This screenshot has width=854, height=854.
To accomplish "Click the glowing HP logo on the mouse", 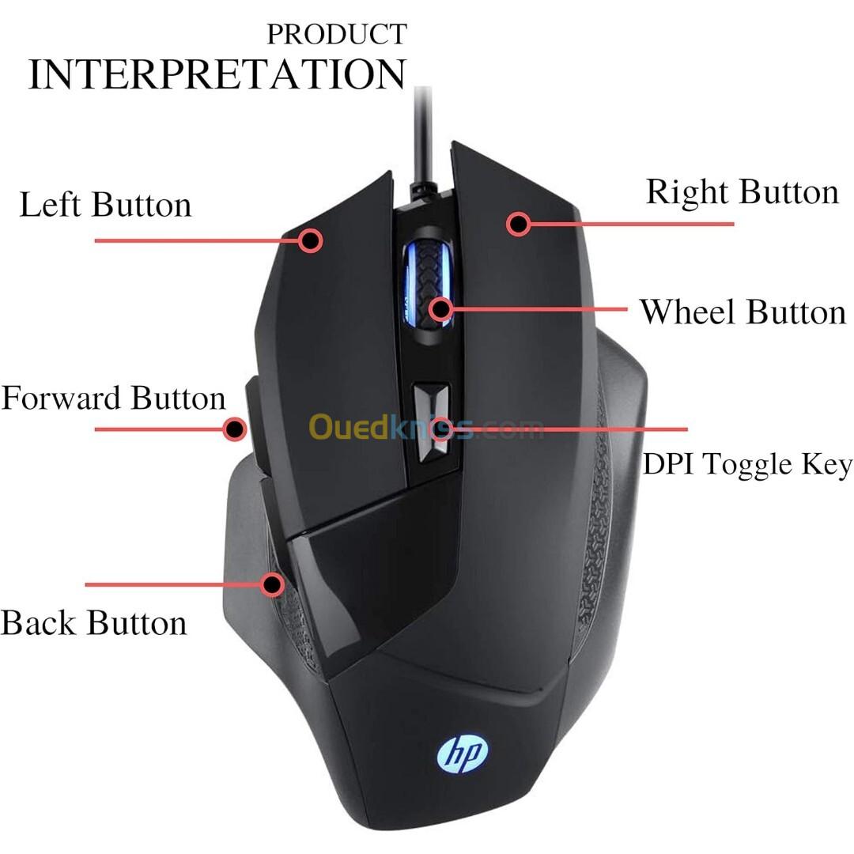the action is tap(462, 755).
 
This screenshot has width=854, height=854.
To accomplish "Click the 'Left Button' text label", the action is tap(105, 204).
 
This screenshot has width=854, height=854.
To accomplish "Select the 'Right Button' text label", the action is tap(742, 192).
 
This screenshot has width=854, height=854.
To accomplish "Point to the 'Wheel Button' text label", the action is tap(743, 312).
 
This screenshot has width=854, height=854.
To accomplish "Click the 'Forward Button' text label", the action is tap(113, 398).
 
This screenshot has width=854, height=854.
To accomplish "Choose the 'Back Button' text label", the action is tap(93, 622).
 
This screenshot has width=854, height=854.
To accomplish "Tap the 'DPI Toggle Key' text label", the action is tap(747, 465).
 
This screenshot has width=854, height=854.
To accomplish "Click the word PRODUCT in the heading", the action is tap(337, 34).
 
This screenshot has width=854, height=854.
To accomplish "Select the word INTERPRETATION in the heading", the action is tap(217, 74).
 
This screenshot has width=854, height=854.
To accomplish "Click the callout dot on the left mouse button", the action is tap(311, 240).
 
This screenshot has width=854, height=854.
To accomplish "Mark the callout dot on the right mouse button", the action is tap(518, 223).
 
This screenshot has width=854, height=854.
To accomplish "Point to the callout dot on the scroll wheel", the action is tap(440, 309).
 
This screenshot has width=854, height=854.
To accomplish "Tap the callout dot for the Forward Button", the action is tap(235, 429).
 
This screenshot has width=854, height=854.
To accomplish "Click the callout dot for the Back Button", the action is tap(272, 584).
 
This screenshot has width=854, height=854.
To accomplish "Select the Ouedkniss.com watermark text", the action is tap(426, 427).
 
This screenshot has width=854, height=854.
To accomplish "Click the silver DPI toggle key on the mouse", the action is tap(432, 422).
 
